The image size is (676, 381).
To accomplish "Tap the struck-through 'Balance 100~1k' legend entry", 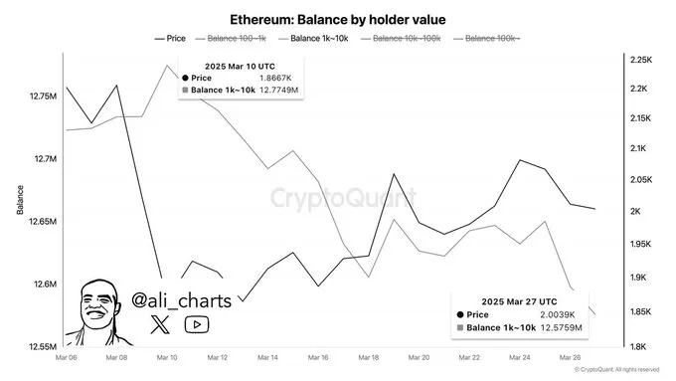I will point(237,38).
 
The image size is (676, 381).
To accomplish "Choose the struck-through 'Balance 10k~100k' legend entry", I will point(407,38).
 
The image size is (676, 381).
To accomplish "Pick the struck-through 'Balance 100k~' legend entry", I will point(490,38).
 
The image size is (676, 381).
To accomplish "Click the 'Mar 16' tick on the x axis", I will point(318,357).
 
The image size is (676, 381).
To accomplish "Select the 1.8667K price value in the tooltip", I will point(275,77).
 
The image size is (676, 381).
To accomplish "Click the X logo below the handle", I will point(161,323).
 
